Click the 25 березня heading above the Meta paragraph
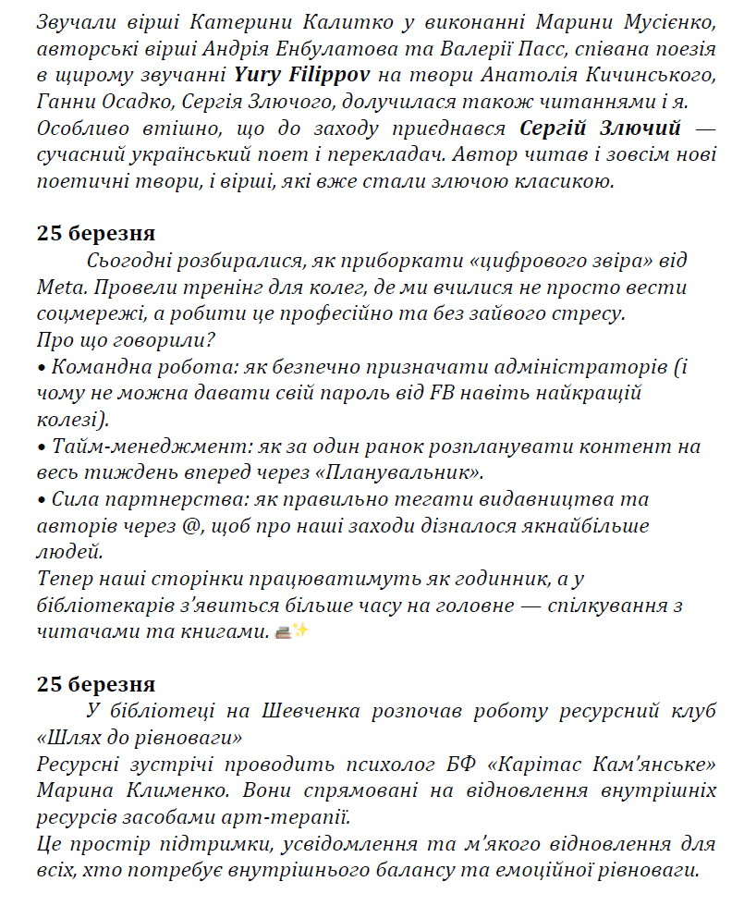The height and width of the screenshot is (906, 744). pos(96,233)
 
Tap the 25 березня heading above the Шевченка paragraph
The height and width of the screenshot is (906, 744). pos(96,684)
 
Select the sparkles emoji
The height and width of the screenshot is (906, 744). pos(300,632)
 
